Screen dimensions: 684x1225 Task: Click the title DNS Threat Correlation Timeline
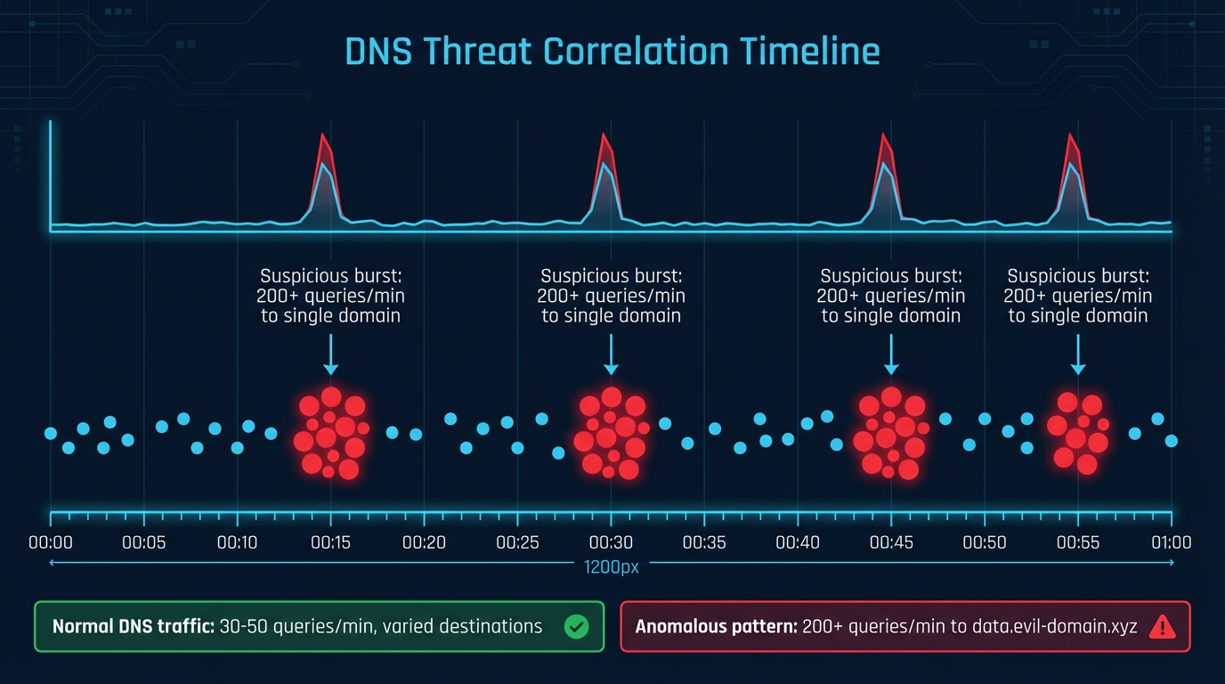point(612,52)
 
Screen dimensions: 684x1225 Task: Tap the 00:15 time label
point(330,542)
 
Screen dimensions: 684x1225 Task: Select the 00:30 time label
point(611,542)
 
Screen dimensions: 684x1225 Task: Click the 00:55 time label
point(1078,542)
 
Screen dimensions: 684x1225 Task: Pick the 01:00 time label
point(1171,542)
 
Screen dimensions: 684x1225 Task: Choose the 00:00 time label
point(51,542)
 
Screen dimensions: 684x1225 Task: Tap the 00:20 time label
point(424,542)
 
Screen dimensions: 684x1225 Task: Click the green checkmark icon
point(577,627)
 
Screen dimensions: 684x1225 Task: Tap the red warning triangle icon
point(1162,627)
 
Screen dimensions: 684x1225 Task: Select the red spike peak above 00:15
point(323,135)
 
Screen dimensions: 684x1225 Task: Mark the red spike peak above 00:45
point(884,135)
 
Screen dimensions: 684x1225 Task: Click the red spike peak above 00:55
point(1071,135)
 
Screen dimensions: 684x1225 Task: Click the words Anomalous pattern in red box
point(716,626)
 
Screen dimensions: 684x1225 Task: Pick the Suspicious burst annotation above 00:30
point(611,296)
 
